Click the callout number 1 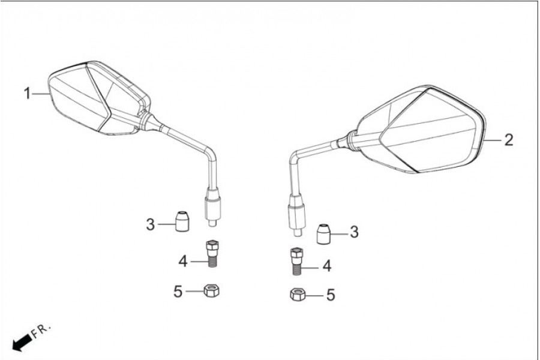pyautogui.click(x=27, y=94)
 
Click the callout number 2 pyautogui.click(x=509, y=140)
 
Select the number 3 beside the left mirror pyautogui.click(x=151, y=224)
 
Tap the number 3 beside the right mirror pyautogui.click(x=354, y=232)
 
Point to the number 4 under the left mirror pyautogui.click(x=183, y=262)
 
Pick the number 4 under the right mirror pyautogui.click(x=327, y=266)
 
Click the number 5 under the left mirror pyautogui.click(x=178, y=292)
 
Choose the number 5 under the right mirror pyautogui.click(x=331, y=295)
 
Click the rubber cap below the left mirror pyautogui.click(x=182, y=221)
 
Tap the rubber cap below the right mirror pyautogui.click(x=324, y=234)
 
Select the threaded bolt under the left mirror pyautogui.click(x=212, y=254)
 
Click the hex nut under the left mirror pyautogui.click(x=212, y=291)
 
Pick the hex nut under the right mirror pyautogui.click(x=298, y=295)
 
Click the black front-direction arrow pyautogui.click(x=22, y=343)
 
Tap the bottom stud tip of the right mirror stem pyautogui.click(x=297, y=233)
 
